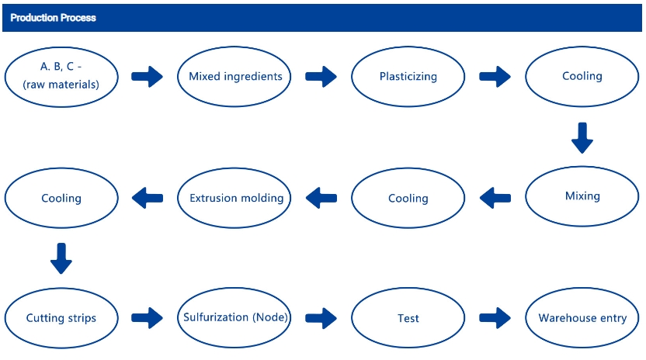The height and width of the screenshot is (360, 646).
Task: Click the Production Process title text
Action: pos(53,18)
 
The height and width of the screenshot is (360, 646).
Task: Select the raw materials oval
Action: pos(61,77)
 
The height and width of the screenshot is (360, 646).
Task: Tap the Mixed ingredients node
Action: pos(234,77)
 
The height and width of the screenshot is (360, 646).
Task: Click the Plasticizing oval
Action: pos(408,77)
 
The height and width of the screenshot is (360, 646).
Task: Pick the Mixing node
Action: pos(582,196)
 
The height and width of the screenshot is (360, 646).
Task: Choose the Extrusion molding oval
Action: pos(234,198)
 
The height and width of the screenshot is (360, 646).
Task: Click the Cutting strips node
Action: pos(61,318)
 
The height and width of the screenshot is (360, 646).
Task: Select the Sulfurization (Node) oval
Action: pos(234,318)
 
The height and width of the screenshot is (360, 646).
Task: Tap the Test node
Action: pos(408,318)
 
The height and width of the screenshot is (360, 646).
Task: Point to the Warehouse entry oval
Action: pos(582,318)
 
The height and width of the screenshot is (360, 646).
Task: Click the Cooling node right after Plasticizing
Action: pos(582,77)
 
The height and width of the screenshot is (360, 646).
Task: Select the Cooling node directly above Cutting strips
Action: pos(61,198)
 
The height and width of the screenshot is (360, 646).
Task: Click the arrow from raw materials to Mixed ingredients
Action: pos(147,77)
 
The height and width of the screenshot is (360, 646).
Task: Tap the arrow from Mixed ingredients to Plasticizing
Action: pos(321,77)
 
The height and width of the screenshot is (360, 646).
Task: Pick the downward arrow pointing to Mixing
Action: pos(582,138)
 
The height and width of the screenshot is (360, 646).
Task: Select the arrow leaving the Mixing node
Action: pos(495,198)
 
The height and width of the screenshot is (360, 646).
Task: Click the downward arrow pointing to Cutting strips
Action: pos(61,258)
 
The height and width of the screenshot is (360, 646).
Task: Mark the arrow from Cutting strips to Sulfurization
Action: pos(147,318)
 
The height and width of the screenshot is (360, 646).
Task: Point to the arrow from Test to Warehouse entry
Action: pos(495,318)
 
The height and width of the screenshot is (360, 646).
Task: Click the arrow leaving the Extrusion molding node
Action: pos(148,198)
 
